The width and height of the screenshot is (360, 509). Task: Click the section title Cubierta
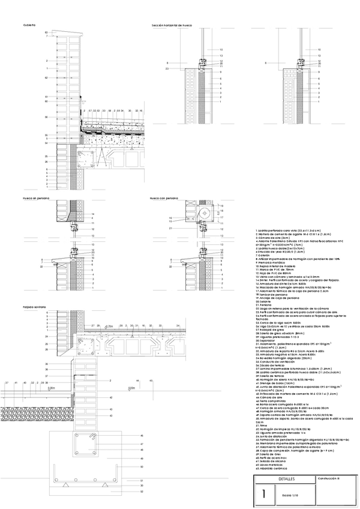29,25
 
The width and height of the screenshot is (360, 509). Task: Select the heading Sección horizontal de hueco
172,26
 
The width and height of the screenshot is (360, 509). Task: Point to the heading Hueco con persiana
164,197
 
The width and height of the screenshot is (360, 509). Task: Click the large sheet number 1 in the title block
261,493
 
